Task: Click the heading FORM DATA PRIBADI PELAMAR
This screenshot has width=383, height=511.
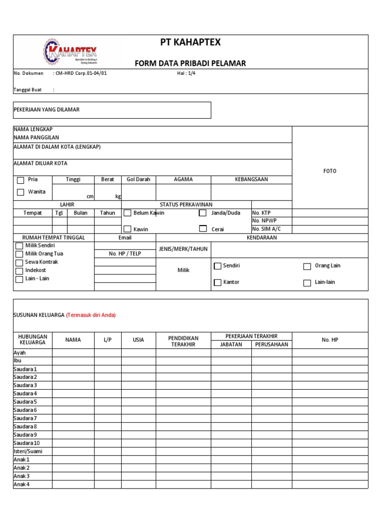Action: (190, 63)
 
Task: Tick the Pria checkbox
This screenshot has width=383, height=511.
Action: (20, 180)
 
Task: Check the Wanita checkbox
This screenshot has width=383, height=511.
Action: (20, 192)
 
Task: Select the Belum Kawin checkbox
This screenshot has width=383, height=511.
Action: (127, 213)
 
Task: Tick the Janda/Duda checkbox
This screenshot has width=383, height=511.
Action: (202, 213)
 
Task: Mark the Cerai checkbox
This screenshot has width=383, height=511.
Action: (202, 229)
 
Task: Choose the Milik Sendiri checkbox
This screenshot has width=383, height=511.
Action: (19, 246)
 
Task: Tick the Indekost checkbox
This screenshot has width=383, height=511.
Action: (19, 270)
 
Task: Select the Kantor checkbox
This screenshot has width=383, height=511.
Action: (217, 282)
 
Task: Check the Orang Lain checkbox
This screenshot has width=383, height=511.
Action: (307, 266)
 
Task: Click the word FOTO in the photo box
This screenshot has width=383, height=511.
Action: (330, 171)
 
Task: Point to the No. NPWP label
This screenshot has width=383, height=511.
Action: (263, 221)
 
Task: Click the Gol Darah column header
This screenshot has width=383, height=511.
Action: (138, 180)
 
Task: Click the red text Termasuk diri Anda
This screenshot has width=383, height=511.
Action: (91, 315)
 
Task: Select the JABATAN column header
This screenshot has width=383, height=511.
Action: (231, 344)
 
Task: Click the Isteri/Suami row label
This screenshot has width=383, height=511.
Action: (28, 451)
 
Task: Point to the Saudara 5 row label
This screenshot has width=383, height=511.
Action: (25, 402)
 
